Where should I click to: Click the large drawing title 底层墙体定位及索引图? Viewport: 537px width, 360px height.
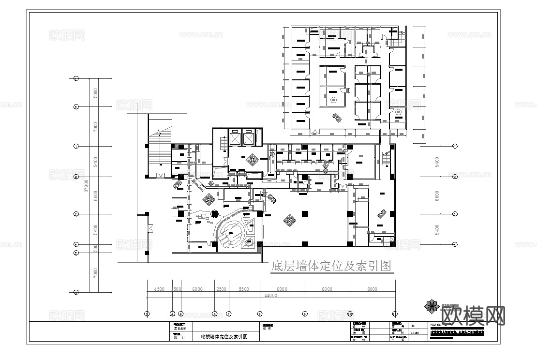coord(331,266)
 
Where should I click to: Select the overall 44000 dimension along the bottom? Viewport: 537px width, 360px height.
coord(270,295)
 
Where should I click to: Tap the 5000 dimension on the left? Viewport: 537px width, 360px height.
coord(95,92)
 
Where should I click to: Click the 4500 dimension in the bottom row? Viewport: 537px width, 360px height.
coord(159,289)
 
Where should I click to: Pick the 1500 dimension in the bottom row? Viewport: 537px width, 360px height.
coord(177,289)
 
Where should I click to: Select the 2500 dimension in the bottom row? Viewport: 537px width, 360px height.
coord(221,289)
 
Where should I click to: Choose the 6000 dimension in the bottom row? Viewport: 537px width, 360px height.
coord(197,289)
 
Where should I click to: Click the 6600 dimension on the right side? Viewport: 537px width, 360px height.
coord(437,195)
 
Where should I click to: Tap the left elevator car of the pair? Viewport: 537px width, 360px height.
coord(235,138)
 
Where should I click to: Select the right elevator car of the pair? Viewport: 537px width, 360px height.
coord(248,138)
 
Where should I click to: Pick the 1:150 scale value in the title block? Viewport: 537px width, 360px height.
coord(415,333)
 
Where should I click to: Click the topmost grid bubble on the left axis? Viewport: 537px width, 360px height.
coord(76,78)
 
